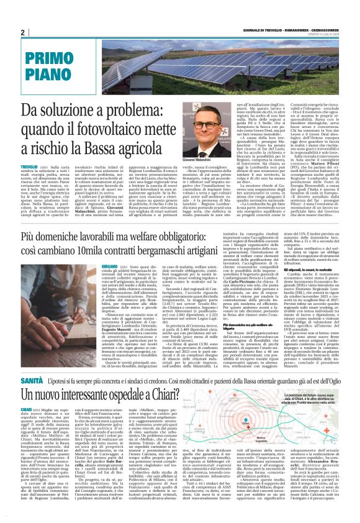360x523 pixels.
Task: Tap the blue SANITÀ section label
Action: tap(31, 379)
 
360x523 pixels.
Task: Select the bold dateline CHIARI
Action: tap(27, 410)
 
